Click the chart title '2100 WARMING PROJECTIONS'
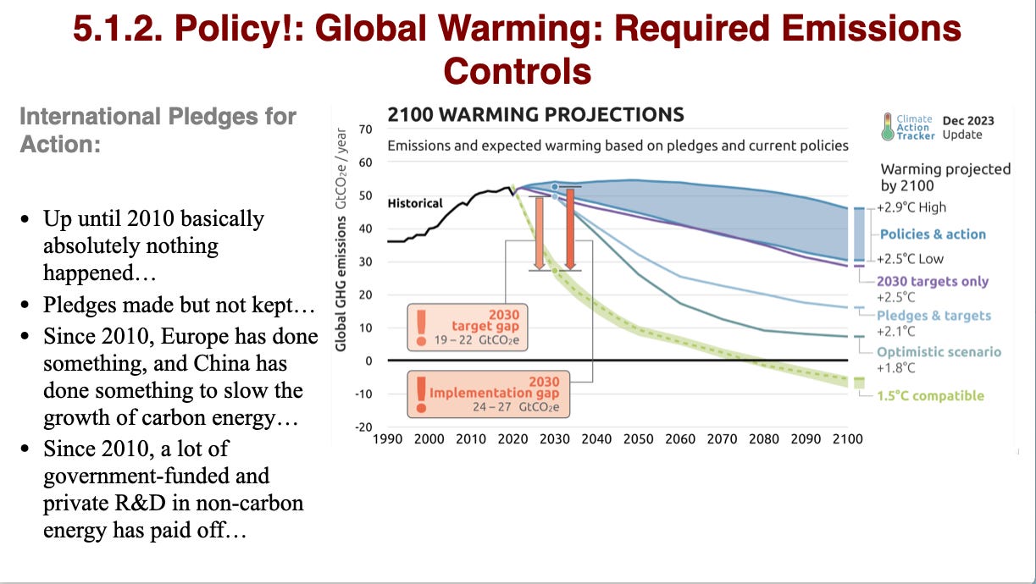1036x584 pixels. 535,114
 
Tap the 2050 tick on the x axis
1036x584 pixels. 639,438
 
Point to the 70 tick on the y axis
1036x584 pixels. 366,129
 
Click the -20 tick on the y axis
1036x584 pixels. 363,427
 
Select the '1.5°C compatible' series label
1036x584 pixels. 930,395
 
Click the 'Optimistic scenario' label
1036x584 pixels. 939,352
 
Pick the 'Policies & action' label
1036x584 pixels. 933,234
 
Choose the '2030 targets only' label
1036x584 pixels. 932,281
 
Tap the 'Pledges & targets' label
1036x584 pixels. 934,316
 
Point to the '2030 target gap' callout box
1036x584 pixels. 468,327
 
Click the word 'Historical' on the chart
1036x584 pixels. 415,203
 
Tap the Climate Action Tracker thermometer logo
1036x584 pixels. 887,126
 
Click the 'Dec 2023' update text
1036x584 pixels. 968,120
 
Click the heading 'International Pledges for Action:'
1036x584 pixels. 158,129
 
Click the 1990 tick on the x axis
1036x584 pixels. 387,438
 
